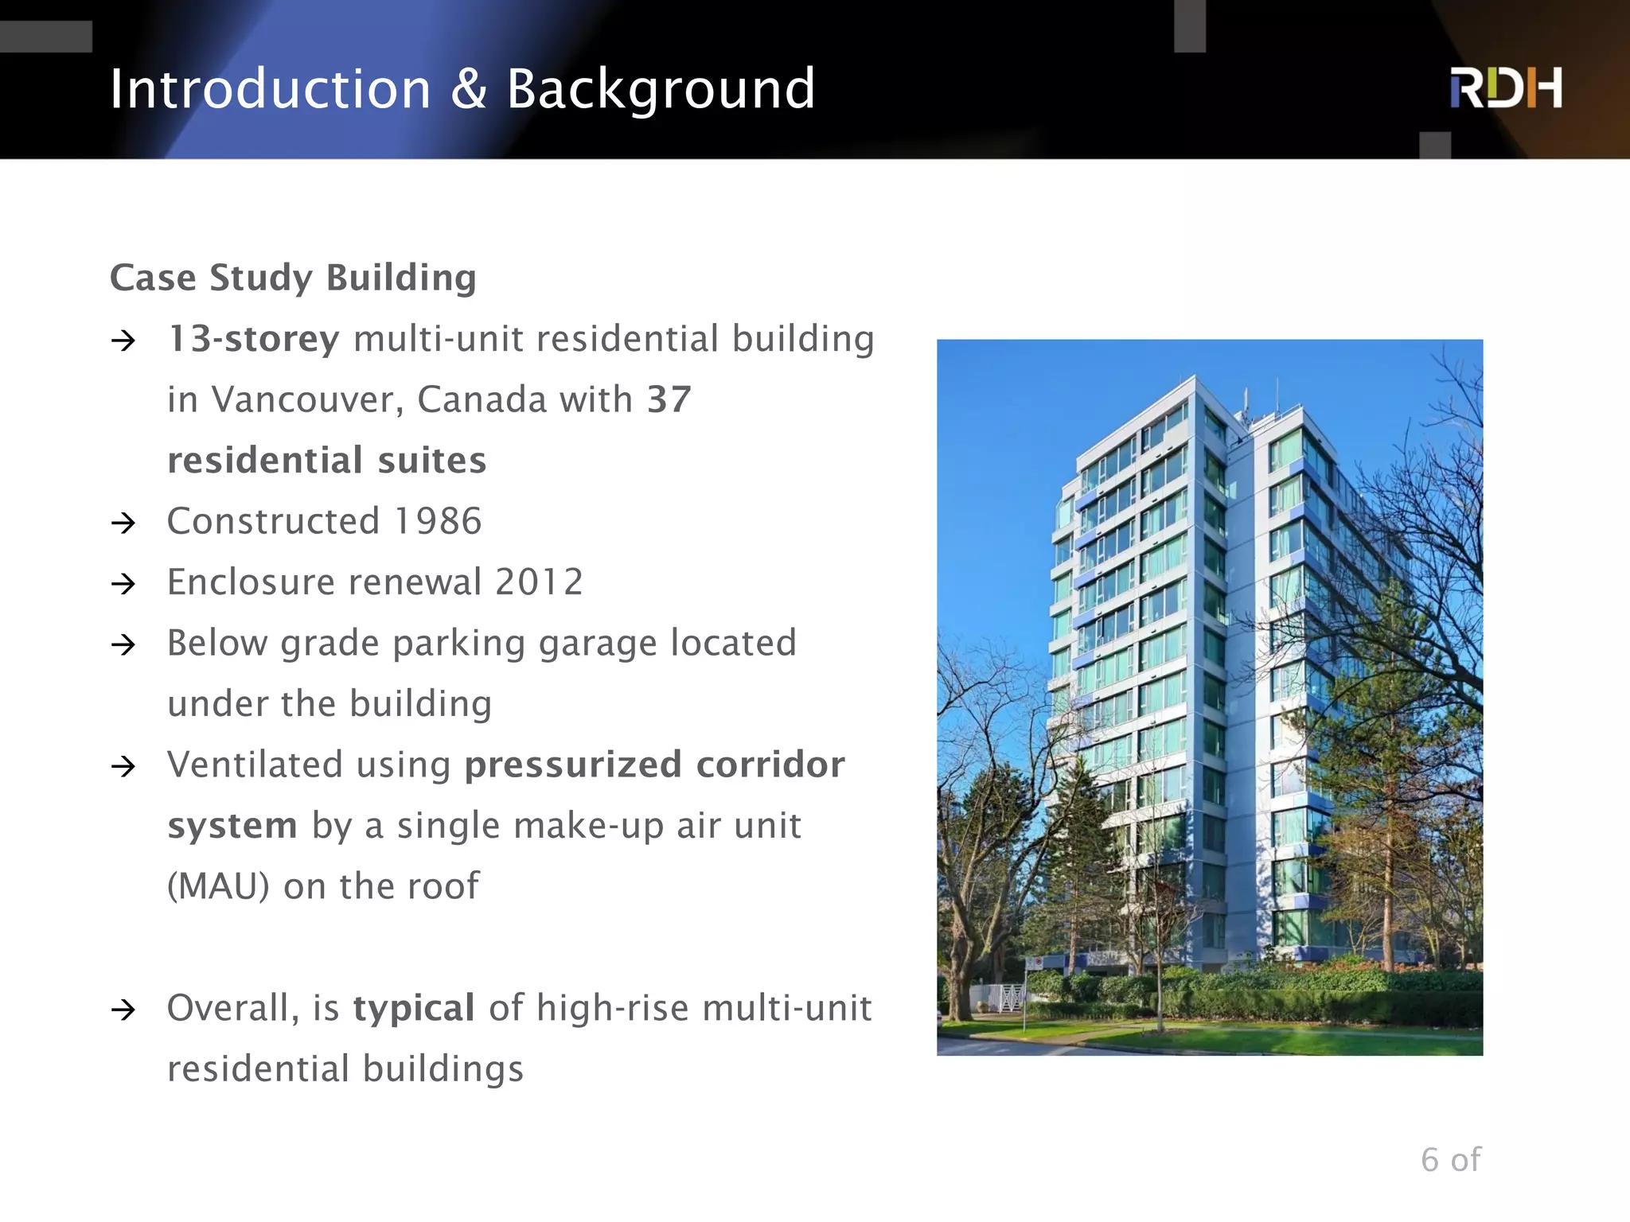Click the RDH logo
tap(1505, 88)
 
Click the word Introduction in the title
tap(270, 89)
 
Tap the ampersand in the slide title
tap(469, 89)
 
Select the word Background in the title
tap(661, 91)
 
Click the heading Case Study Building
tap(293, 278)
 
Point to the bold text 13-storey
tap(254, 339)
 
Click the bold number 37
tap(669, 399)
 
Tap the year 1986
tap(438, 522)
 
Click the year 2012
tap(539, 582)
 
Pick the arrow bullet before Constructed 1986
tap(124, 523)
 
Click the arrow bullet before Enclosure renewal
tap(124, 584)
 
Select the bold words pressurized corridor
tap(654, 765)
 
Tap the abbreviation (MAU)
tap(218, 886)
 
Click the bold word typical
tap(414, 1008)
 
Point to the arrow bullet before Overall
tap(124, 1010)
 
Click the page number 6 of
tap(1450, 1160)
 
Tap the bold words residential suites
tap(326, 461)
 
